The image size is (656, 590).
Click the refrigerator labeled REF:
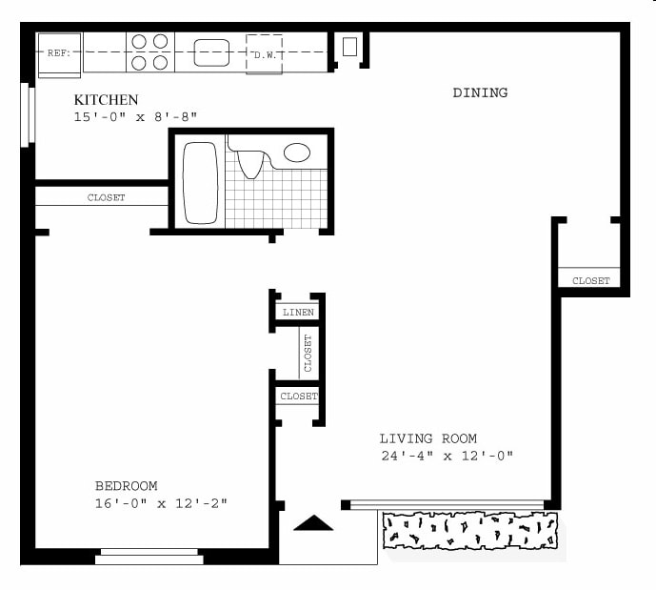coord(58,53)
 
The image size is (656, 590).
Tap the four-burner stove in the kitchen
coord(149,52)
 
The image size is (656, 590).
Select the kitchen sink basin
coord(211,52)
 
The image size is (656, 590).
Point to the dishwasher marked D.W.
coord(265,53)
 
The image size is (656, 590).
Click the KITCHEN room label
coord(106,100)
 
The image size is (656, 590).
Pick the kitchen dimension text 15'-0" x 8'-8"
coord(135,117)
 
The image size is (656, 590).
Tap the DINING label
coord(480,92)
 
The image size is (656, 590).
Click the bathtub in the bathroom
coord(200,183)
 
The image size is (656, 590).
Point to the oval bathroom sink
coord(297,153)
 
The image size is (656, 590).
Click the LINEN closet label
coord(298,313)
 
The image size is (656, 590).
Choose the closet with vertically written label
coord(308,353)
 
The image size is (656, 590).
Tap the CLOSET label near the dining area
coord(590,280)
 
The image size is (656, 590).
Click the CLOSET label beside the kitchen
coord(106,198)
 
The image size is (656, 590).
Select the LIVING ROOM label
coord(427,438)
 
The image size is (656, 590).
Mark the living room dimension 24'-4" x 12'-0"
coord(446,456)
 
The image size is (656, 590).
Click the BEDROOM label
coord(126,485)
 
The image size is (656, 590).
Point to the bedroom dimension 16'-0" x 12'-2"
coord(160,502)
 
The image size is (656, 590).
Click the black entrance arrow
coord(312,522)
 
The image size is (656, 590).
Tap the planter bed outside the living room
coord(469,530)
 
